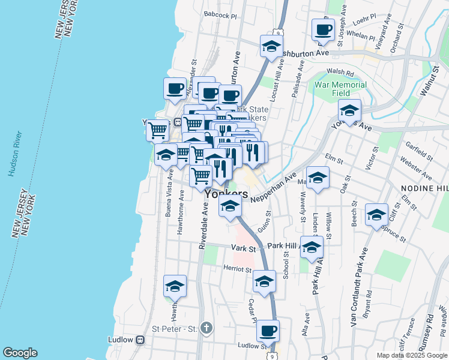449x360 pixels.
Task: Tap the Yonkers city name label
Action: pos(226,194)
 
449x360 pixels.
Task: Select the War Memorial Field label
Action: pos(340,89)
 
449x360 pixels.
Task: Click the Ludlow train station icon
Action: pos(140,340)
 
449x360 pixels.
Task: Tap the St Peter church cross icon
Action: pos(206,328)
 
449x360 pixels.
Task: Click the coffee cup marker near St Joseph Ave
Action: pos(323,29)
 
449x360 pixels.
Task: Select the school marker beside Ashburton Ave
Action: pos(271,46)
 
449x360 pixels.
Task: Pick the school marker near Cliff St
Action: pos(376,215)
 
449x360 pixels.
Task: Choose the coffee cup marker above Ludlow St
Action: pos(268,329)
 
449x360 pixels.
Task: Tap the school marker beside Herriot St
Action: pos(264,280)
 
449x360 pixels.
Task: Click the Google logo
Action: pos(20,353)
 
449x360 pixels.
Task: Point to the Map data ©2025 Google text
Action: pos(411,355)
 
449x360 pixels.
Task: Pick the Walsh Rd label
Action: pos(340,72)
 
